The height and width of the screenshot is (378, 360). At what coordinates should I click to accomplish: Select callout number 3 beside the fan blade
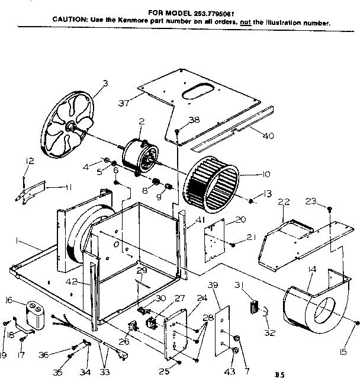point(105,84)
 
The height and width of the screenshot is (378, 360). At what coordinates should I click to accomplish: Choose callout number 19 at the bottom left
point(4,355)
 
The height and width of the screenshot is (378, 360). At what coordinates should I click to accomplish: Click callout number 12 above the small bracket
point(30,161)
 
